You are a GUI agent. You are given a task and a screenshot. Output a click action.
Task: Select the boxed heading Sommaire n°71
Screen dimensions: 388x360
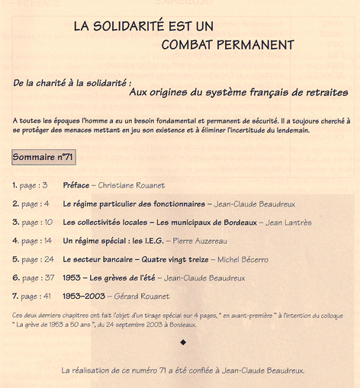pyautogui.click(x=43, y=157)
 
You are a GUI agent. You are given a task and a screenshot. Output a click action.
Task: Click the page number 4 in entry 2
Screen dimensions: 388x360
pyautogui.click(x=47, y=204)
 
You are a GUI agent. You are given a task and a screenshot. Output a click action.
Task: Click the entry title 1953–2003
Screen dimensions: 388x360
pyautogui.click(x=84, y=297)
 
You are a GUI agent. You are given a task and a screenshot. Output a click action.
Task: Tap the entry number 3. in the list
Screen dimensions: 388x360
pyautogui.click(x=15, y=223)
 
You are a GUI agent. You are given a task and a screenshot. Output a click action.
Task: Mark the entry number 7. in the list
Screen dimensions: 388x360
pyautogui.click(x=15, y=297)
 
